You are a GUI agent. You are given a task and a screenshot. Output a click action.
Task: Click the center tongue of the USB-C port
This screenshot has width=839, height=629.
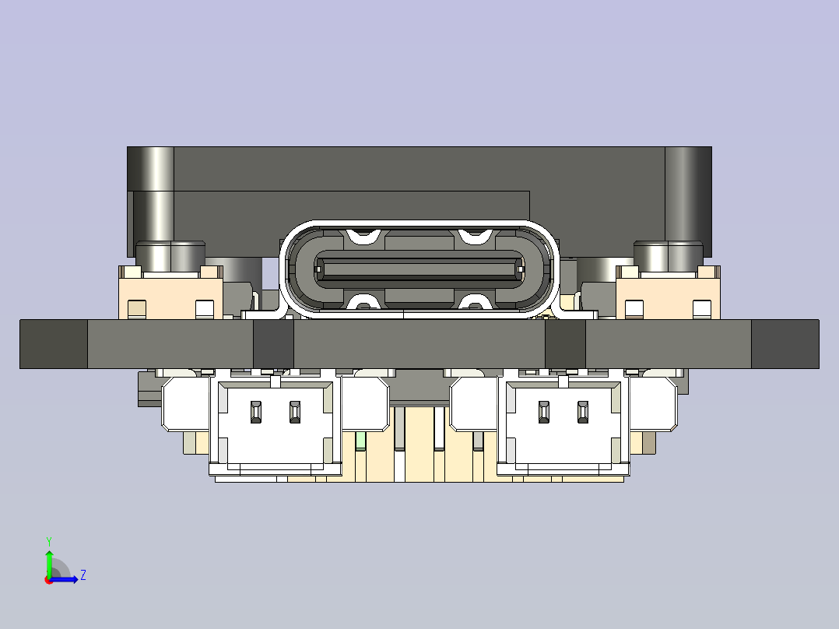point(419,270)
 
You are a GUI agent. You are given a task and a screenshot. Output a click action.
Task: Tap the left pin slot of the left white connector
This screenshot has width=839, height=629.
point(255,412)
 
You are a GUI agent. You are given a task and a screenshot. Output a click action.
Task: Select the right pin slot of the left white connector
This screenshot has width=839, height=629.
point(294,412)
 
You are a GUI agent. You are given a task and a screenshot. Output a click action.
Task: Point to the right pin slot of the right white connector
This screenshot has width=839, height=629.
point(583,412)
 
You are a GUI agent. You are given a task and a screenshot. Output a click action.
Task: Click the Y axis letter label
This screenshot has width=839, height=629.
point(48,540)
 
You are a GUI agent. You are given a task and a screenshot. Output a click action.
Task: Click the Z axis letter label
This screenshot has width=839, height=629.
point(82,575)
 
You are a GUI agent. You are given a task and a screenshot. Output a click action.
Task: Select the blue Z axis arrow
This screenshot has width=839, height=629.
point(65,578)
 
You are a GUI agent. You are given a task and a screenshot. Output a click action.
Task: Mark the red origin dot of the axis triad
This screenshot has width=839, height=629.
point(48,580)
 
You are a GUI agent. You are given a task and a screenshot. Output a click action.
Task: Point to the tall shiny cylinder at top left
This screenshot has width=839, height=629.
point(156,195)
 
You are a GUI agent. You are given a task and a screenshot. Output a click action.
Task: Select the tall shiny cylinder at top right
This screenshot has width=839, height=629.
point(685,195)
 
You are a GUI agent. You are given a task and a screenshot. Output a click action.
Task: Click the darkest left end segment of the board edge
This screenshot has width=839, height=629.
point(53,343)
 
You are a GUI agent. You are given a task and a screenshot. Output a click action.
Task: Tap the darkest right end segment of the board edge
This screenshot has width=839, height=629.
point(785,343)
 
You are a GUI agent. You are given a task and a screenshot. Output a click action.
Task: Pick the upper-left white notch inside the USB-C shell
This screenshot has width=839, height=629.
point(364,235)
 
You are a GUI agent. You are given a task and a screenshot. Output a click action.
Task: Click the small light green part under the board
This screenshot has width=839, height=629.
point(360,441)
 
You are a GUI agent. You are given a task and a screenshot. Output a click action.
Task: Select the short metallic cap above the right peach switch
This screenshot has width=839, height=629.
point(668,254)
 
